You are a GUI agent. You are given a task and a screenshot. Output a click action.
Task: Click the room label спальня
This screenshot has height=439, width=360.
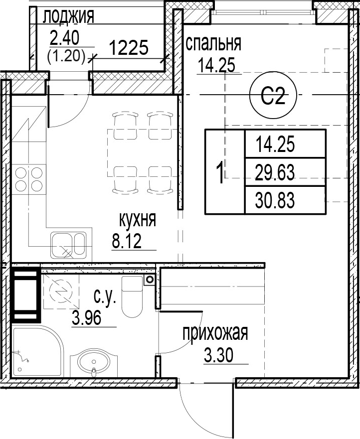point(213,44)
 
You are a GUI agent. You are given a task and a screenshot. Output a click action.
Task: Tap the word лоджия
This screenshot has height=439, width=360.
point(68,17)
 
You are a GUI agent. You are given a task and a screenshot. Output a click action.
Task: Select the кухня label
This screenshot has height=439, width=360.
point(138,220)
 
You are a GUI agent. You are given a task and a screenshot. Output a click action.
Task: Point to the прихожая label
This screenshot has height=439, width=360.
point(215,333)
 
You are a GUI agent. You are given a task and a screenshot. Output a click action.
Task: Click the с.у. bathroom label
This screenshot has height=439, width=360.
point(105,298)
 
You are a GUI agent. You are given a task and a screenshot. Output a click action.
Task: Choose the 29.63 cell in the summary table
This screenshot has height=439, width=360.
point(275,172)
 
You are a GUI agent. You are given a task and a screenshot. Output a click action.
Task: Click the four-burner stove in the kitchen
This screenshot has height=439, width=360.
point(28,179)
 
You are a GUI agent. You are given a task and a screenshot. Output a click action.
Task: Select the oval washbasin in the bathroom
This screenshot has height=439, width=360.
point(95,362)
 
